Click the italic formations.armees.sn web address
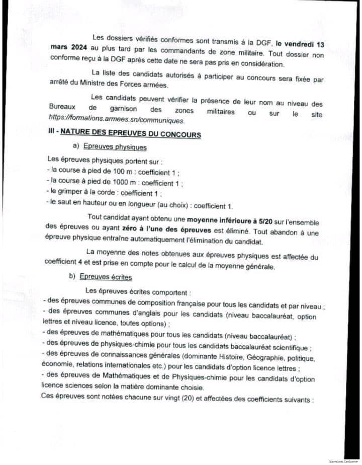click(x=117, y=121)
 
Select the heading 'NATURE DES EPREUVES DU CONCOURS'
click(x=132, y=134)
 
